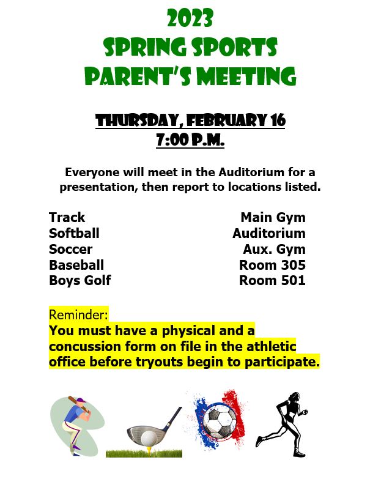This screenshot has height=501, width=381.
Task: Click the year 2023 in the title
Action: coord(190,18)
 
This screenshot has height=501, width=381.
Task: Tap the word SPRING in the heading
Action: coord(146,47)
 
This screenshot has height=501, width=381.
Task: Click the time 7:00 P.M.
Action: coord(190,139)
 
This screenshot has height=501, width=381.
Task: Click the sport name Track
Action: coord(67,217)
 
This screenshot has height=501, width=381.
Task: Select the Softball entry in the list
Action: coord(74,233)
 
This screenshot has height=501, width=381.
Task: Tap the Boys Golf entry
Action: coord(80,281)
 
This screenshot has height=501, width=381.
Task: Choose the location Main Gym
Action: coord(273,218)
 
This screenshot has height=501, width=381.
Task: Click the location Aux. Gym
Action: coord(275,249)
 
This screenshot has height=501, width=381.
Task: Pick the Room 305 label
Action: coord(272,265)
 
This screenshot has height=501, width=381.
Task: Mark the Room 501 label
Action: coord(272,281)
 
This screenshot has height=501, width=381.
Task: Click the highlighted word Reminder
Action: coord(78,314)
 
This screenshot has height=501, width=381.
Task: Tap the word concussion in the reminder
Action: coord(84,347)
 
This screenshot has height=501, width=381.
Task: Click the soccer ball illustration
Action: coord(220,420)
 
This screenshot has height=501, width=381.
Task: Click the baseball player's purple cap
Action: coord(81,400)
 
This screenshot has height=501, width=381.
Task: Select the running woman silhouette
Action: coord(282,424)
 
